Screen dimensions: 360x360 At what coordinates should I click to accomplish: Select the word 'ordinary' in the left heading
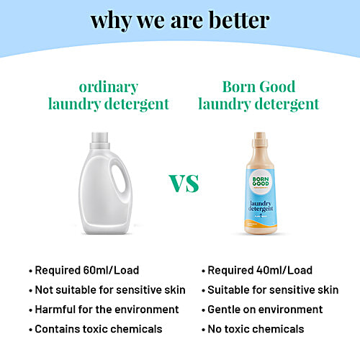pos(109,87)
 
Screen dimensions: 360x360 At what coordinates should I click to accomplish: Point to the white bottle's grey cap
pos(109,138)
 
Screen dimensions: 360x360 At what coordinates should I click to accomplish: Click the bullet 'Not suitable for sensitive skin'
pos(107,290)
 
